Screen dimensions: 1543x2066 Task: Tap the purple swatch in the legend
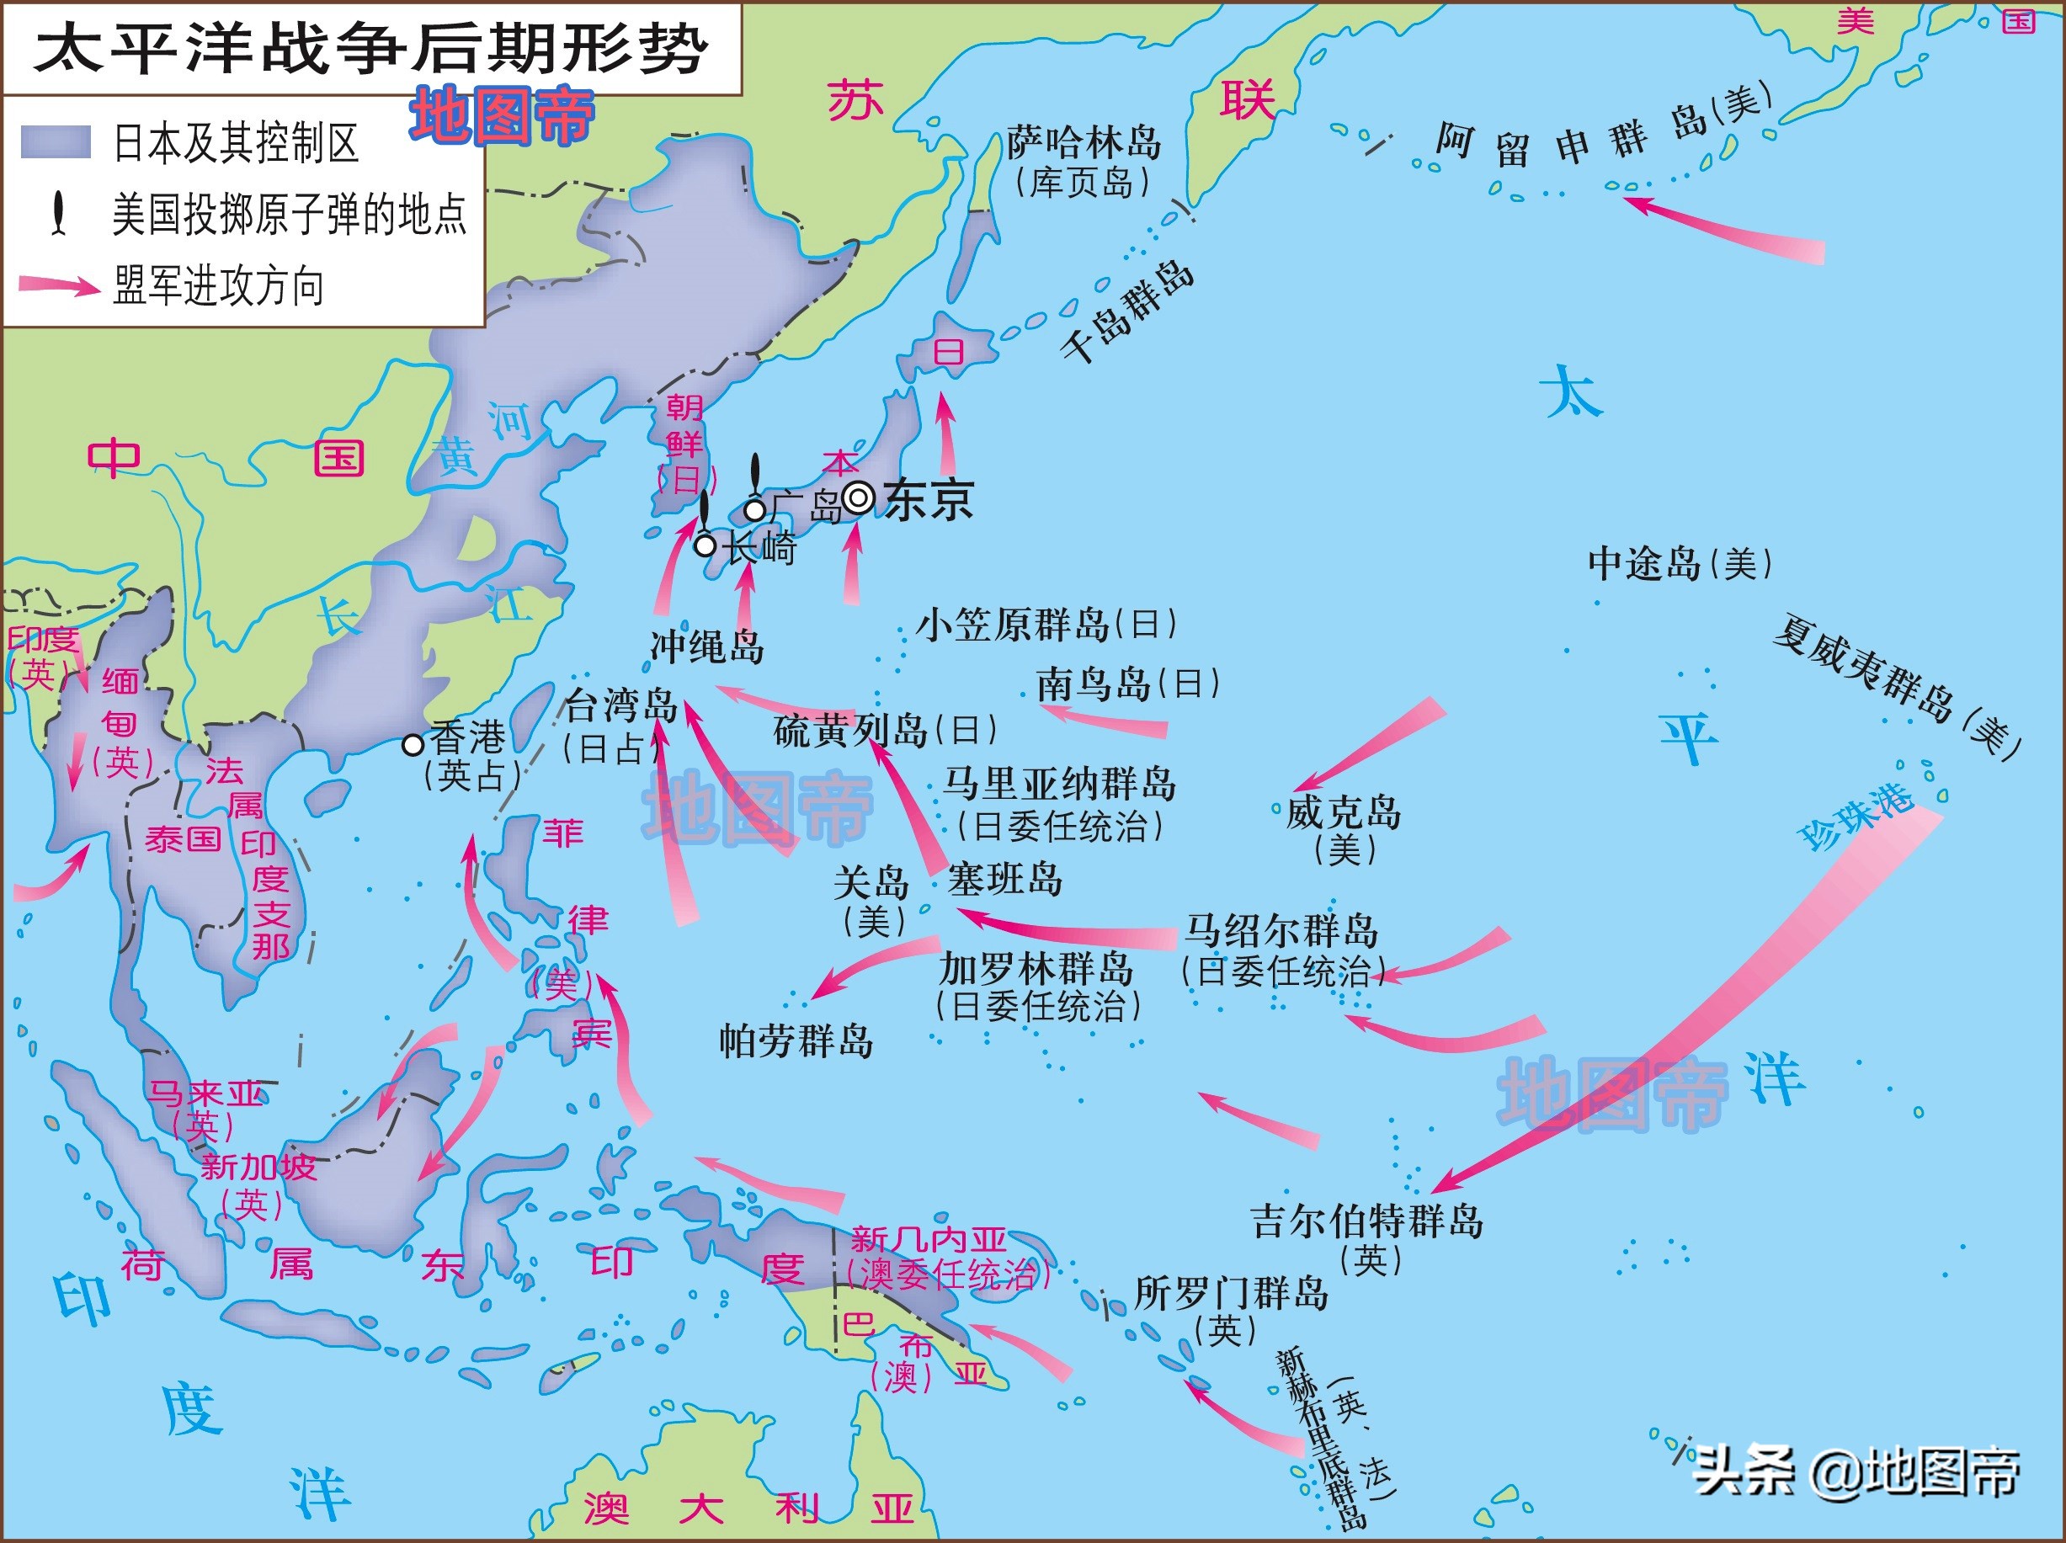coord(56,142)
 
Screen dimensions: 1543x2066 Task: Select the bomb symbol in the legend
coord(59,213)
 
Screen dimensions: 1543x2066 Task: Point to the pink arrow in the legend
coord(59,285)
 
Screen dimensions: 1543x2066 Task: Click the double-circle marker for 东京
coord(859,497)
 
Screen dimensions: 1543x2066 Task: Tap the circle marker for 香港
coord(413,744)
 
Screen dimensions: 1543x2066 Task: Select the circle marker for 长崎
coord(706,545)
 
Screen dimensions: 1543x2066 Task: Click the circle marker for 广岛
coord(754,510)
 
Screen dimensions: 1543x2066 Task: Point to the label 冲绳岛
coord(707,646)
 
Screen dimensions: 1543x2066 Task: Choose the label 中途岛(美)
coord(1680,563)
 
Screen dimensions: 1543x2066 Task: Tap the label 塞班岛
coord(1005,879)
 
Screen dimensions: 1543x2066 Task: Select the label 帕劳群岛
coord(796,1040)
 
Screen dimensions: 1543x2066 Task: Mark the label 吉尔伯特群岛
coord(1366,1221)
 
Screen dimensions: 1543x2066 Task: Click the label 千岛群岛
coord(1127,310)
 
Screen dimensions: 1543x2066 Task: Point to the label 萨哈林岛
coord(1084,143)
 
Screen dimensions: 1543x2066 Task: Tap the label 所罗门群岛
coord(1231,1294)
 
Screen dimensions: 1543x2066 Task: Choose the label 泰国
coord(182,838)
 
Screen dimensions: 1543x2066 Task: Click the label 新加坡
coord(258,1167)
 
